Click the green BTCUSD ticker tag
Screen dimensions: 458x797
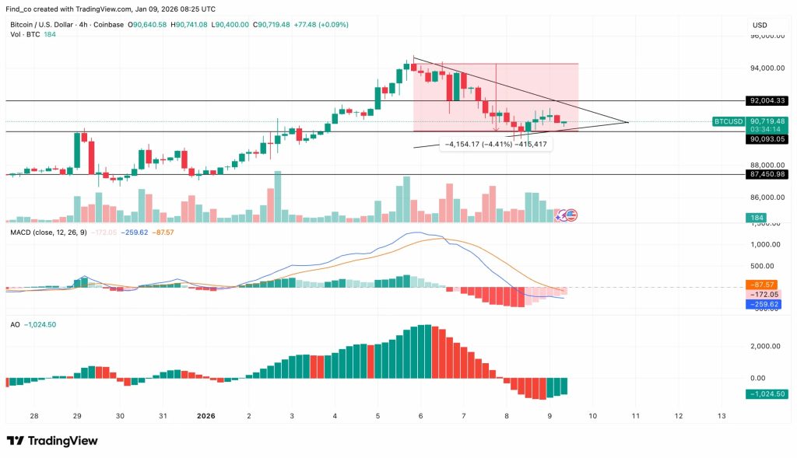(x=729, y=121)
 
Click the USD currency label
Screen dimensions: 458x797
(x=760, y=25)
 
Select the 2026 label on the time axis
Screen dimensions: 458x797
(x=205, y=416)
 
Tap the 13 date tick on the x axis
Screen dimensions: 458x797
(x=722, y=416)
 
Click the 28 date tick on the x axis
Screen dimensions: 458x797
(x=34, y=416)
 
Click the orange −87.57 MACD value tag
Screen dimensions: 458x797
(x=764, y=285)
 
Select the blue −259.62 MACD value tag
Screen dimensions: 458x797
(x=764, y=304)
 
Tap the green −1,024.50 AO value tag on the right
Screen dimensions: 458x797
(x=766, y=394)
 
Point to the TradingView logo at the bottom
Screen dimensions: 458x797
(x=53, y=441)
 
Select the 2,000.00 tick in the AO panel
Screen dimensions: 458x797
(x=766, y=346)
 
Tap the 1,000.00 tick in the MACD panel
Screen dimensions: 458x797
(x=766, y=244)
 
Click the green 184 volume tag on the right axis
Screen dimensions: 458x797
(x=755, y=217)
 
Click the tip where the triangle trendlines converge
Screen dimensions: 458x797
(x=628, y=122)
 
